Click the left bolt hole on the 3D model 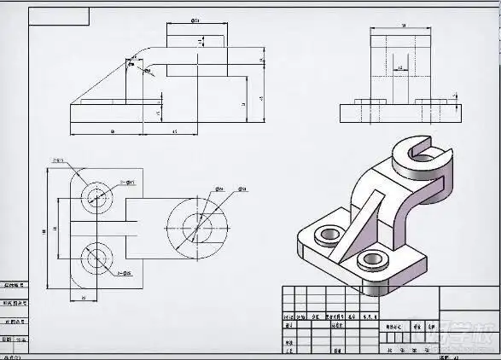[x=326, y=234]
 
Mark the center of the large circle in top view [x=198, y=229]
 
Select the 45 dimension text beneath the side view [x=174, y=131]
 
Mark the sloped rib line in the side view [x=102, y=81]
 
